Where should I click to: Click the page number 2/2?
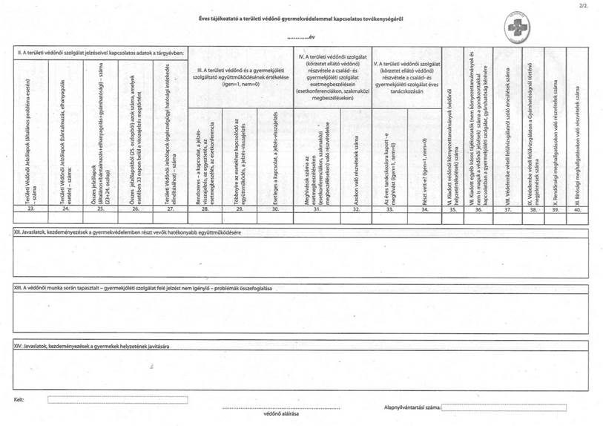point(590,5)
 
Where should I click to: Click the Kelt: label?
point(19,399)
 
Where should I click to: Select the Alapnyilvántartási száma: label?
point(412,407)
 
